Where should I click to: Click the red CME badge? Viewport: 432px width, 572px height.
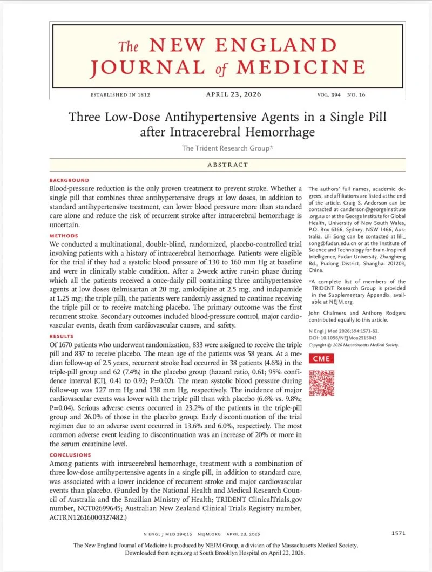pyautogui.click(x=321, y=358)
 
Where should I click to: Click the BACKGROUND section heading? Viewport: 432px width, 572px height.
pyautogui.click(x=69, y=180)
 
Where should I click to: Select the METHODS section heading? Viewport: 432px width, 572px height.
pyautogui.click(x=64, y=236)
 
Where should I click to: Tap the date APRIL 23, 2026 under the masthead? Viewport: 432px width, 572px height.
pyautogui.click(x=233, y=94)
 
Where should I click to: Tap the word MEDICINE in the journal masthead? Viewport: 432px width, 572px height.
pyautogui.click(x=300, y=67)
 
